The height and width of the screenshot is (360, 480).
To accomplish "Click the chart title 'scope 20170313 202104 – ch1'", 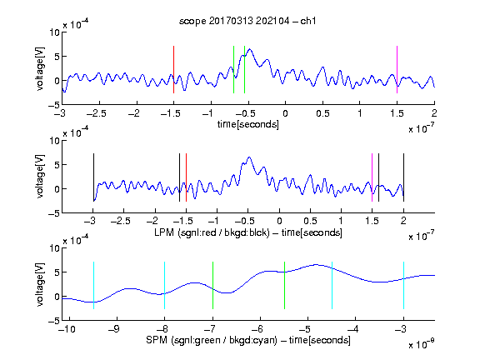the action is point(247,21).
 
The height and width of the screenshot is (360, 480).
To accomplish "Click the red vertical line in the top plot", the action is point(173,69).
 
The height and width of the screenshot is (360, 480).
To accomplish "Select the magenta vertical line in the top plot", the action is point(397,69).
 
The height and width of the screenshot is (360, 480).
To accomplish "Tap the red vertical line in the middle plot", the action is point(186,177).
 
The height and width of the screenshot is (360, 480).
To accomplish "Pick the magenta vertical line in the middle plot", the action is point(372,177).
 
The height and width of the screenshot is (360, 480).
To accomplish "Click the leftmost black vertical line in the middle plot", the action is point(93,177).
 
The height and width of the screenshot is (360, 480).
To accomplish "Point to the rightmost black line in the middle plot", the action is point(403,177).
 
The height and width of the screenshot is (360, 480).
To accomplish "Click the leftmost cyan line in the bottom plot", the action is point(93,285).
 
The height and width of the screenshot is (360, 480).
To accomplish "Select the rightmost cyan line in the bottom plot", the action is point(403,285).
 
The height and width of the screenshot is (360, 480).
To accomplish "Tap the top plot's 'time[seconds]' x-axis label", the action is point(248,125).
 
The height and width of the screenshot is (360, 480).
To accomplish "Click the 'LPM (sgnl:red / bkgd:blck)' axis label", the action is point(212,232).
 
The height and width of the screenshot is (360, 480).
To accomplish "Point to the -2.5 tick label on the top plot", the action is point(97,113).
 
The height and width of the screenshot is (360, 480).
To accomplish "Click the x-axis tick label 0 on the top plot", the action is point(285,113).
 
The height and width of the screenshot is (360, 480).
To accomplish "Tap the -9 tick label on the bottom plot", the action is point(114,329).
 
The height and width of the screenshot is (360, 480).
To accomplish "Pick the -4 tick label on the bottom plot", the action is point(353,329).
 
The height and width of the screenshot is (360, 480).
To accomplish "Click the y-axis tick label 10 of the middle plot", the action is point(55,141).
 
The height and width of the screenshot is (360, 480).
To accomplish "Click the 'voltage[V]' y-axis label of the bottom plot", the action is point(40,284).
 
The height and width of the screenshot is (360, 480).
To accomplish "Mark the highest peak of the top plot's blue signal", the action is point(250,49).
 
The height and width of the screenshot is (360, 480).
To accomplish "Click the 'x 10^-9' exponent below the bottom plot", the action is point(422,344).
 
